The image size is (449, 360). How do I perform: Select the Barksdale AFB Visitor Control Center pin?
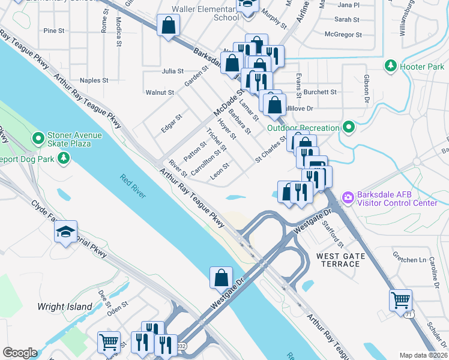(347, 197)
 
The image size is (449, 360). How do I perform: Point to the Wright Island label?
(65, 307)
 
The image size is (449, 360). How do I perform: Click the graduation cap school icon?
(66, 233)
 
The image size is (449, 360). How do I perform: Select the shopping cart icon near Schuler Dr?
(400, 299)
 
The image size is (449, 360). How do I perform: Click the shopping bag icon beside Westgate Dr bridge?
(221, 277)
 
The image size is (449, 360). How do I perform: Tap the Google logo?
(19, 352)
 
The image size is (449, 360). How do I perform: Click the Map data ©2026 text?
(423, 355)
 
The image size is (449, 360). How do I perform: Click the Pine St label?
(54, 31)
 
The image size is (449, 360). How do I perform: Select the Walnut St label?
(160, 92)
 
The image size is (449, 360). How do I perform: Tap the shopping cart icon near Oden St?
(109, 341)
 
